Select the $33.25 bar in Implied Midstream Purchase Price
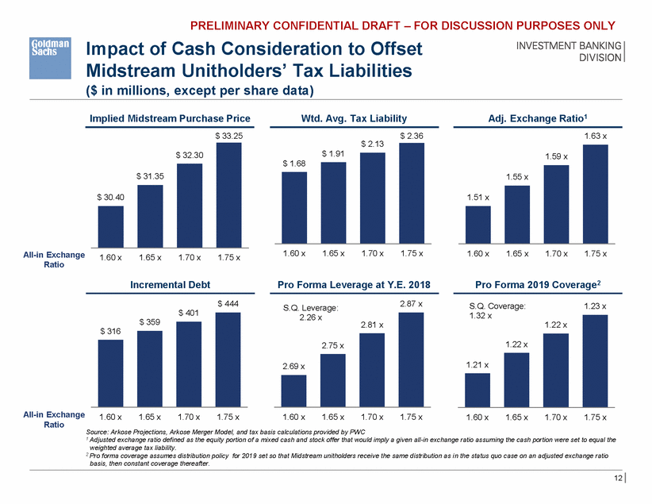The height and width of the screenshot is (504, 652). (228, 194)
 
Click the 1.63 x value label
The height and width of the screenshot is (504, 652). (596, 136)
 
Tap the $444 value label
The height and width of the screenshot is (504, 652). (228, 303)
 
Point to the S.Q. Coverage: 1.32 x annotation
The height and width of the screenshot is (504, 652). (493, 310)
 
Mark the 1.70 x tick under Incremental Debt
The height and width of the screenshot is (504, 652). (189, 417)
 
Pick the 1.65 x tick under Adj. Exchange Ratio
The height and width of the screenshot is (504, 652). (517, 254)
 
